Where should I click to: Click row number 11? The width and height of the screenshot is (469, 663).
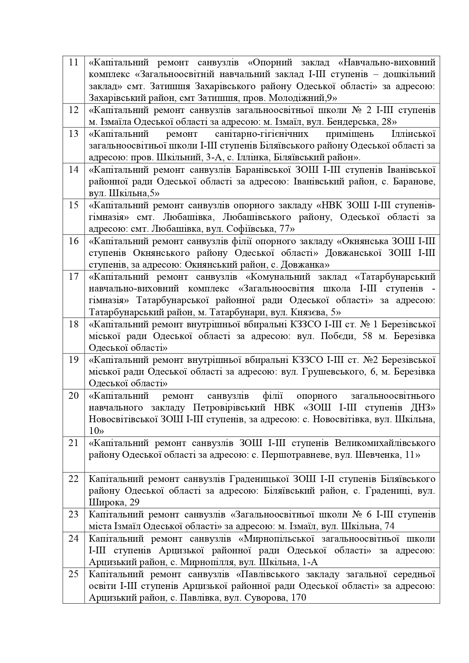click(x=74, y=62)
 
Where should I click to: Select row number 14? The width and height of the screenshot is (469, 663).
click(x=74, y=169)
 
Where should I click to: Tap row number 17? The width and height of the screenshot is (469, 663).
click(x=74, y=277)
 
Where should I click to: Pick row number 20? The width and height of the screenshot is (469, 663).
click(x=74, y=396)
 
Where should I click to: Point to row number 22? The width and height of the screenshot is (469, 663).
click(x=74, y=479)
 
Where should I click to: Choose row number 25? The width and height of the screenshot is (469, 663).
click(x=74, y=574)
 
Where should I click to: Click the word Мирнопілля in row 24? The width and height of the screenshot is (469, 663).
click(x=205, y=562)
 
